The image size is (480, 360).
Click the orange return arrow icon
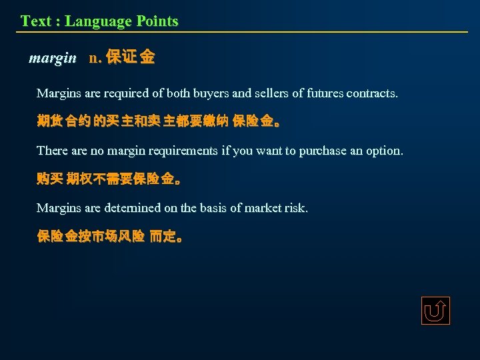pos(435,311)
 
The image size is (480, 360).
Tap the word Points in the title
pos(157,21)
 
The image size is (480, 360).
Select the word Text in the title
pos(35,21)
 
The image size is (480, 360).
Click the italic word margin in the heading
pos(53,58)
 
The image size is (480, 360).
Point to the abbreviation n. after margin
pos(95,58)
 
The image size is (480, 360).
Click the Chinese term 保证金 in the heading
pos(131,58)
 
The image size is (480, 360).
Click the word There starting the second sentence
pos(52,151)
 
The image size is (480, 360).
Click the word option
pos(385,151)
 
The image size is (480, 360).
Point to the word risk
pos(297,208)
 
